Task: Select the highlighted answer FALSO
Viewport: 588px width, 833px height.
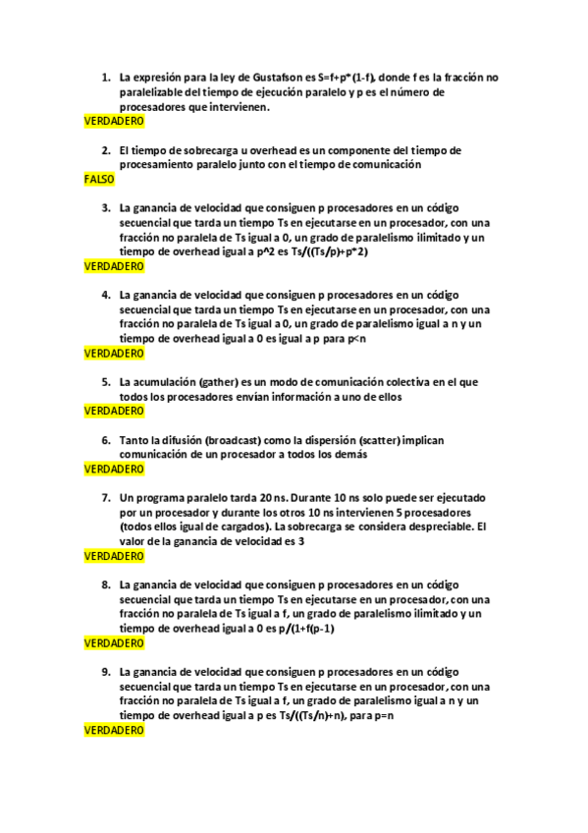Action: tap(99, 180)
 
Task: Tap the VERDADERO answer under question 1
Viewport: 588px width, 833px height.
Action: tap(114, 121)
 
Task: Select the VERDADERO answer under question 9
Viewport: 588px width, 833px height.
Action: tap(114, 731)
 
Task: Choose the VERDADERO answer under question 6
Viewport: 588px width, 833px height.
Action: tap(114, 470)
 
